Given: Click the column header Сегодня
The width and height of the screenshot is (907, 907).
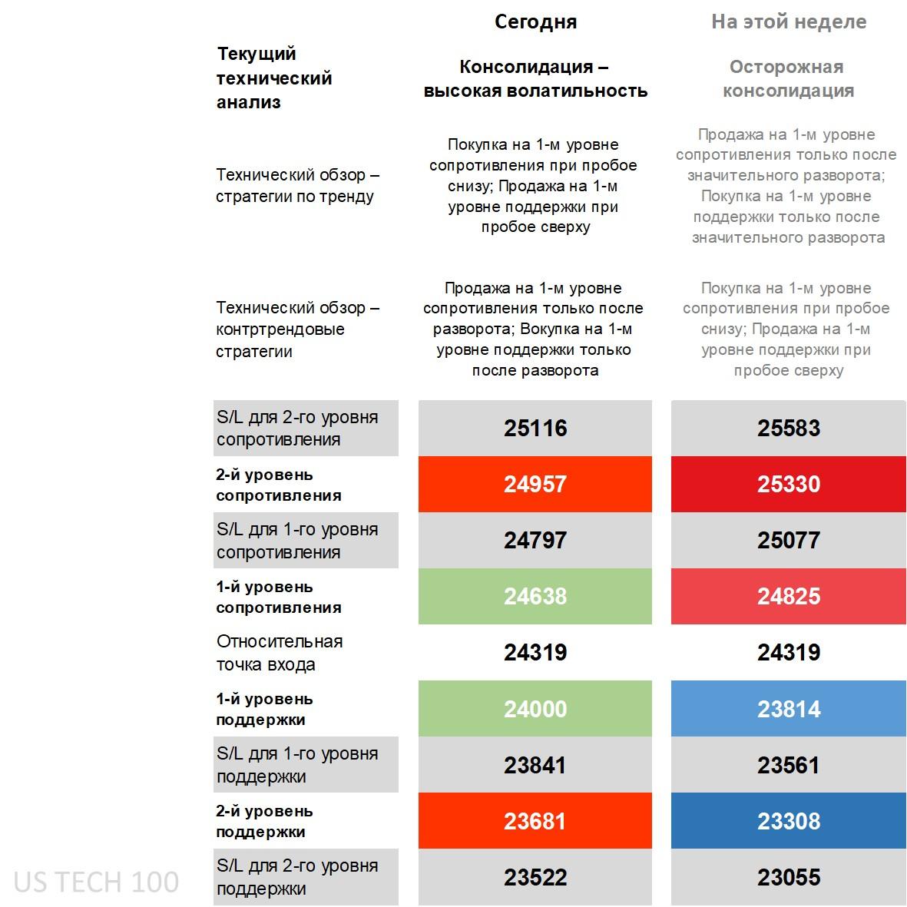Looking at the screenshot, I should point(535,22).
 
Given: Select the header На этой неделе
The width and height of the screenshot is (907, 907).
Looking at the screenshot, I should point(788,22).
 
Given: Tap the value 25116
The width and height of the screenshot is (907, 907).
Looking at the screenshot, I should point(535,428).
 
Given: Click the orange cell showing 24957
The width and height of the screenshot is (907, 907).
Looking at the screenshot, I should point(535,484).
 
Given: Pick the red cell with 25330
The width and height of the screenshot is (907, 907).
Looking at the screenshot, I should point(788,484).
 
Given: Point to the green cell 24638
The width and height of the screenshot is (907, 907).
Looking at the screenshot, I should point(535,596).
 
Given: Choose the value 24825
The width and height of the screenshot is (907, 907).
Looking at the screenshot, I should point(788,596).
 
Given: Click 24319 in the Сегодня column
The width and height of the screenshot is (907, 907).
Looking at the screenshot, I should point(535,652).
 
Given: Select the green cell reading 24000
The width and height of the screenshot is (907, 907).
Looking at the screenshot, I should point(535,708).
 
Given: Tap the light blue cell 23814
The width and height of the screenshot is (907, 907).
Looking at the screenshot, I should point(788,708).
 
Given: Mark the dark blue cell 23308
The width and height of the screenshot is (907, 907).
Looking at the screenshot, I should point(788,821).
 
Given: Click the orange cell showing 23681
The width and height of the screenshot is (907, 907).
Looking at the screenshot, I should point(535,821).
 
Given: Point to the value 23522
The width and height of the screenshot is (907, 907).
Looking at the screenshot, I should point(535,877).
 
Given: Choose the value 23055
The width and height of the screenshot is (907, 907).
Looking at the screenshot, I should point(788,877).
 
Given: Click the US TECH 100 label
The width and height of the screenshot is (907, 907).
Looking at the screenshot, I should point(96,882).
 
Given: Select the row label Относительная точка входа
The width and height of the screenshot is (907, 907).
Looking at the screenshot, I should point(280,653).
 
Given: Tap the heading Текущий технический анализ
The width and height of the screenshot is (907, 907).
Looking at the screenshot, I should point(273,78).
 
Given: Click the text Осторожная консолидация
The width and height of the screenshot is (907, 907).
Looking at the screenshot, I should point(788,78).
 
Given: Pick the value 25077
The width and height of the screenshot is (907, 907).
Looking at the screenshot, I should point(788,540).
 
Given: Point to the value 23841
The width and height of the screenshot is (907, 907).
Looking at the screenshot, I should point(535,765).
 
